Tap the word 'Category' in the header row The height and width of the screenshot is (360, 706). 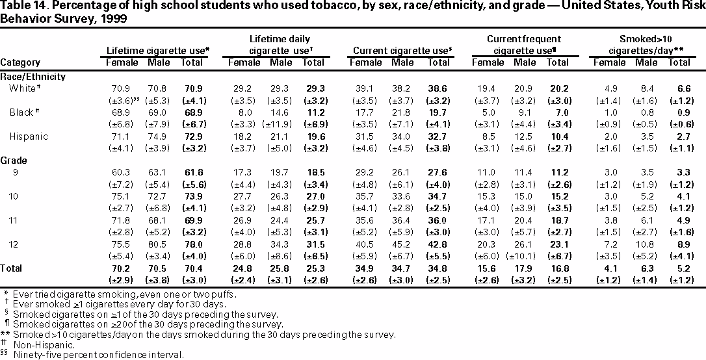click(x=20, y=62)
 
